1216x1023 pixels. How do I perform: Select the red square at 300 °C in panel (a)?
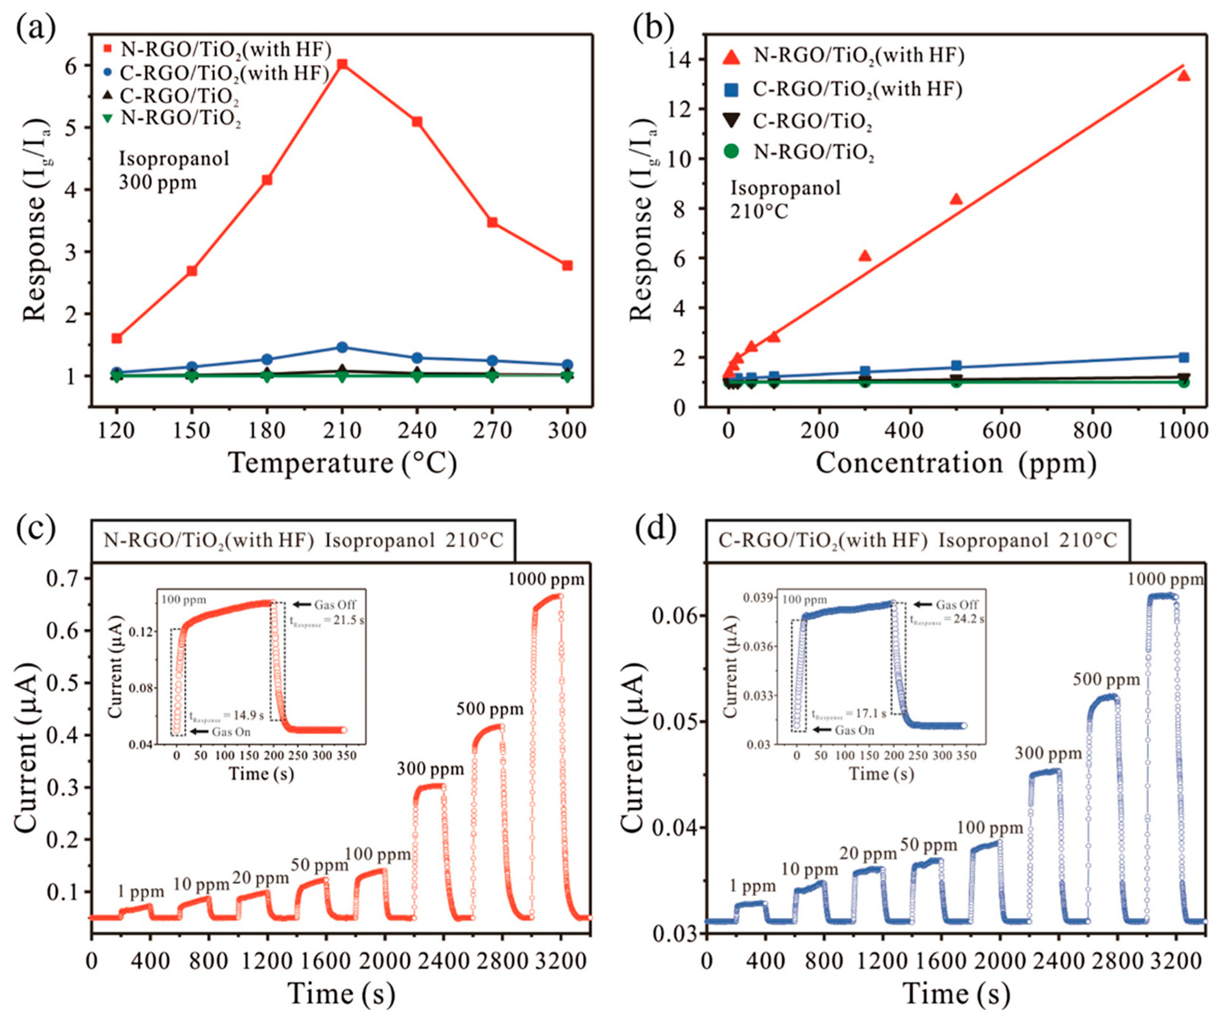coord(567,265)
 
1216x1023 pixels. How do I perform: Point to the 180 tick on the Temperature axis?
coord(267,430)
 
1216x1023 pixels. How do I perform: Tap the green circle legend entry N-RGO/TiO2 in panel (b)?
coord(812,152)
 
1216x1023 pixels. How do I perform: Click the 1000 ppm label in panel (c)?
coord(546,579)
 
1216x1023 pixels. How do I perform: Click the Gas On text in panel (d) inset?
coord(854,730)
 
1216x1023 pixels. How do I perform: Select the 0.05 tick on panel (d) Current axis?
coord(673,722)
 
